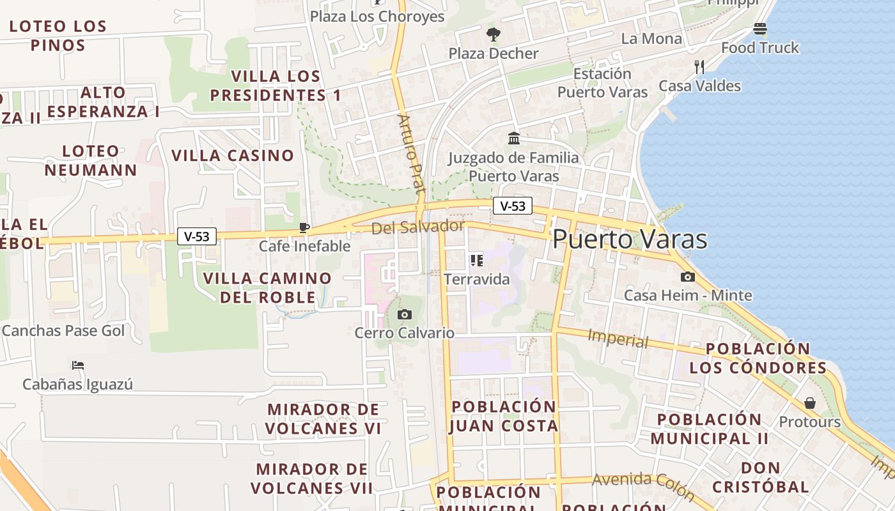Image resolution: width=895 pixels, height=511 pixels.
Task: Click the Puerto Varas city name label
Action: click(630, 240)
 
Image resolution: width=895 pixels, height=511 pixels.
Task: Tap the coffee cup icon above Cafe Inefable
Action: click(304, 227)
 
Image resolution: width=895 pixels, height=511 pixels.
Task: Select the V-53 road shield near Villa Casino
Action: click(197, 236)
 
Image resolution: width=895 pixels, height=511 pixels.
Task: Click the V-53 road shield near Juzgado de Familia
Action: click(513, 206)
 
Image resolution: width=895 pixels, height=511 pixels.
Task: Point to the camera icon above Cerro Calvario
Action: click(404, 314)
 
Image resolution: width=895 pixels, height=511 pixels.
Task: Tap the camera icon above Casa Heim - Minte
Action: click(688, 277)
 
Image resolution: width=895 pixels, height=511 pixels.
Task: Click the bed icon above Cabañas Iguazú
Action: click(78, 365)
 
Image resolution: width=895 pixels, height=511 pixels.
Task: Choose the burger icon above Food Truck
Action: click(760, 29)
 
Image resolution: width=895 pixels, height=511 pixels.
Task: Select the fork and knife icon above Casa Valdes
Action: click(699, 66)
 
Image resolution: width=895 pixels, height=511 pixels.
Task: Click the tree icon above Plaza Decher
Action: click(493, 34)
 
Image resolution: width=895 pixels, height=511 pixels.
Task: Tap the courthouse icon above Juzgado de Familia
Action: click(513, 138)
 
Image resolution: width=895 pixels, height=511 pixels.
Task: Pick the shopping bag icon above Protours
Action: click(809, 403)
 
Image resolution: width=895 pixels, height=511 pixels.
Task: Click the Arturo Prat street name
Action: click(411, 153)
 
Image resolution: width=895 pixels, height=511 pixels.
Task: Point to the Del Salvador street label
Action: click(418, 227)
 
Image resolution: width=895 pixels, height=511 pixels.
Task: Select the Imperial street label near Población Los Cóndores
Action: click(618, 339)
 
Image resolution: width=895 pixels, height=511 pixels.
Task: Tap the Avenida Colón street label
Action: click(643, 485)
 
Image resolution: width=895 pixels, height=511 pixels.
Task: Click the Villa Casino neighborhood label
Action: click(233, 155)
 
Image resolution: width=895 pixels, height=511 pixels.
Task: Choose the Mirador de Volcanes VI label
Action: click(323, 418)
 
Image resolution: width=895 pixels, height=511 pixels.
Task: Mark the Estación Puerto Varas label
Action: click(602, 83)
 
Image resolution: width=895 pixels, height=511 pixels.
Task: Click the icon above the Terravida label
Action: click(476, 260)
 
